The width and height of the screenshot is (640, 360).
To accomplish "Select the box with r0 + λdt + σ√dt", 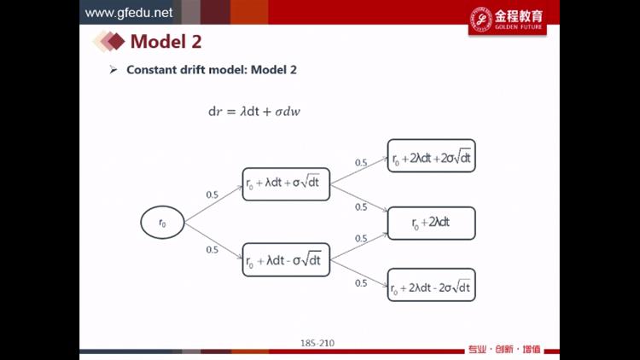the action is (x=286, y=184).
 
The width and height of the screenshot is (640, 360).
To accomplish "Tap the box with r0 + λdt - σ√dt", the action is (x=286, y=260).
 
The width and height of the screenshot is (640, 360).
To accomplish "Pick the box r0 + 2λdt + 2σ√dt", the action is (x=432, y=156).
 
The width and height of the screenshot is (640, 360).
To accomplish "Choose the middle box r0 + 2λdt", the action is (x=432, y=224).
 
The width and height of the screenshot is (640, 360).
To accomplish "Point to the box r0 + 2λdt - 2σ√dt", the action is (x=432, y=285).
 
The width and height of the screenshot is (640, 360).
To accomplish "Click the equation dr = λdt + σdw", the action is (x=254, y=112).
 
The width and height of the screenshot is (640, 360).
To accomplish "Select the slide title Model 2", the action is (x=166, y=41).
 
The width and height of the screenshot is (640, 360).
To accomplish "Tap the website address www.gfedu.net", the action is (x=129, y=13).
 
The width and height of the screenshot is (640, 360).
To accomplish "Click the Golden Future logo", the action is (x=508, y=19).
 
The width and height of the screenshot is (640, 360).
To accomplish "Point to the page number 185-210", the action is (x=317, y=343).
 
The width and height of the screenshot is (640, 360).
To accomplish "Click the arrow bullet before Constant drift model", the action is (x=113, y=70).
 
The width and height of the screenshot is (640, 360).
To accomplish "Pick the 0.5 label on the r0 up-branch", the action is (x=212, y=195).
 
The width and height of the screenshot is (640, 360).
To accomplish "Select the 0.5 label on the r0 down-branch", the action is (x=212, y=250).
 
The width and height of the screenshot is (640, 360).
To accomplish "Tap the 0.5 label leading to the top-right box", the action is (x=361, y=162).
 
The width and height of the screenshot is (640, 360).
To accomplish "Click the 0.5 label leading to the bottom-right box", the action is (x=361, y=283).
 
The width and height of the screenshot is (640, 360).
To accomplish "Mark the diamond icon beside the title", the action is (x=109, y=41).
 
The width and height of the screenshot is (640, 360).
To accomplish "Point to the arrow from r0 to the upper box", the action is (x=213, y=204).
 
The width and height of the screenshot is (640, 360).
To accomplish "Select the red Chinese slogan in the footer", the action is (x=504, y=350).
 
